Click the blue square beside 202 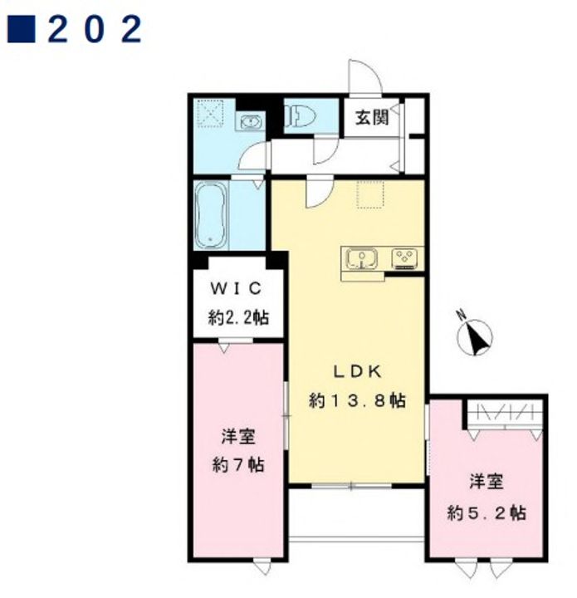pos(22,28)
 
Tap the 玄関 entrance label pos(372,117)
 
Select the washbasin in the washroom pos(251,122)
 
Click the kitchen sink pos(361,259)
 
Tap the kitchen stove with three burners pos(405,258)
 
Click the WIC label pos(237,288)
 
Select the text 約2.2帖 pos(238,317)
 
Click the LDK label pos(358,372)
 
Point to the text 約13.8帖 pos(357,400)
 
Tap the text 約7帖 pos(238,465)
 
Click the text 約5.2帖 pos(487,513)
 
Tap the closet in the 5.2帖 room pos(505,414)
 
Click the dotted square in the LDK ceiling pos(370,194)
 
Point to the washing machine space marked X pos(210,112)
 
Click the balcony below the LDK pos(356,513)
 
